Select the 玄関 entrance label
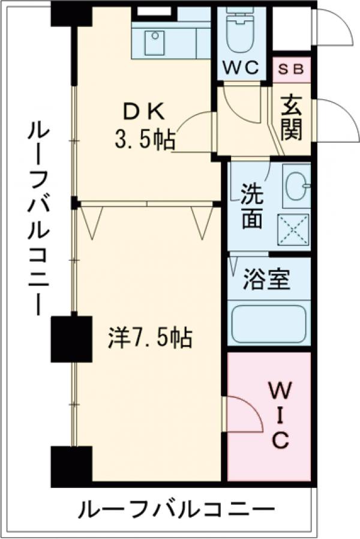[292, 118]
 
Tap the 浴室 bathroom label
[267, 280]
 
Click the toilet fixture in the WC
[242, 31]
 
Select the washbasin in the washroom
[296, 186]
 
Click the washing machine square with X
[293, 229]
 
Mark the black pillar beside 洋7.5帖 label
[71, 339]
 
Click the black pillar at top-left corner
[70, 14]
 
